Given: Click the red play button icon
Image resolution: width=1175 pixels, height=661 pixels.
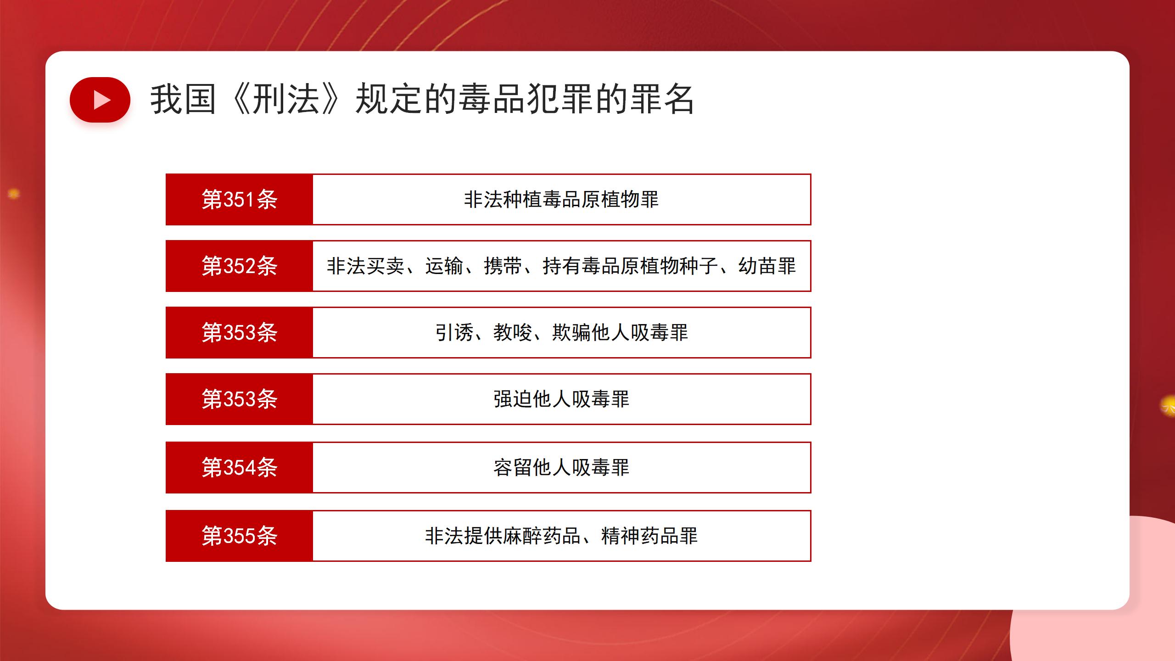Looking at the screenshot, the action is (100, 100).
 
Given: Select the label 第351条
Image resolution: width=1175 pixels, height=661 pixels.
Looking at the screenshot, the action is (240, 200).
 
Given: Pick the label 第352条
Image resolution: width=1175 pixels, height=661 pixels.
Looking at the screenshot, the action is (240, 266).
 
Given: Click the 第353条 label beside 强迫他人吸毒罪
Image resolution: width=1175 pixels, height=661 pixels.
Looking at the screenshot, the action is (240, 399).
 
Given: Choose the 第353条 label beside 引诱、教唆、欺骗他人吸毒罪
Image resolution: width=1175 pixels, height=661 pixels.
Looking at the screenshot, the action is (240, 333).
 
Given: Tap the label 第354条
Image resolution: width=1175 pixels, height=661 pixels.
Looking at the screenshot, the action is (240, 468).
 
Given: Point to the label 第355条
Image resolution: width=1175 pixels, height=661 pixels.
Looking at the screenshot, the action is (240, 536).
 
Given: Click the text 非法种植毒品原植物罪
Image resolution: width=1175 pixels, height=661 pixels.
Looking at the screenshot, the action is (561, 200).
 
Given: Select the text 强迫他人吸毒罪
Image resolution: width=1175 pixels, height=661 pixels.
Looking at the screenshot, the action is (561, 399).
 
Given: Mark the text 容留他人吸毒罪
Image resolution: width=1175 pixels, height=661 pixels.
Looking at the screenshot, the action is (561, 468).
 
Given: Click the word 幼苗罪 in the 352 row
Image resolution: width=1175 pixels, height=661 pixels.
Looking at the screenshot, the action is (767, 266).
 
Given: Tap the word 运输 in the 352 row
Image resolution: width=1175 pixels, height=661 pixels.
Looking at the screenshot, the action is (444, 266).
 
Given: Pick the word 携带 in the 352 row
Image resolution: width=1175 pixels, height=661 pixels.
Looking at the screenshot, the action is (503, 266).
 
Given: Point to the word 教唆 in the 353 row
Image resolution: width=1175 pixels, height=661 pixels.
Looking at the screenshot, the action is (513, 333).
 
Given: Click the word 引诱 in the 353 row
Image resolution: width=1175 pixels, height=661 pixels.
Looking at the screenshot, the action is (454, 333).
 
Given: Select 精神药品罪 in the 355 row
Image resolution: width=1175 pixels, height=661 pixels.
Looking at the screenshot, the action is (649, 536).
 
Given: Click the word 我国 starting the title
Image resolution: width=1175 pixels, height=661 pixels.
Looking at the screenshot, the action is (183, 99).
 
